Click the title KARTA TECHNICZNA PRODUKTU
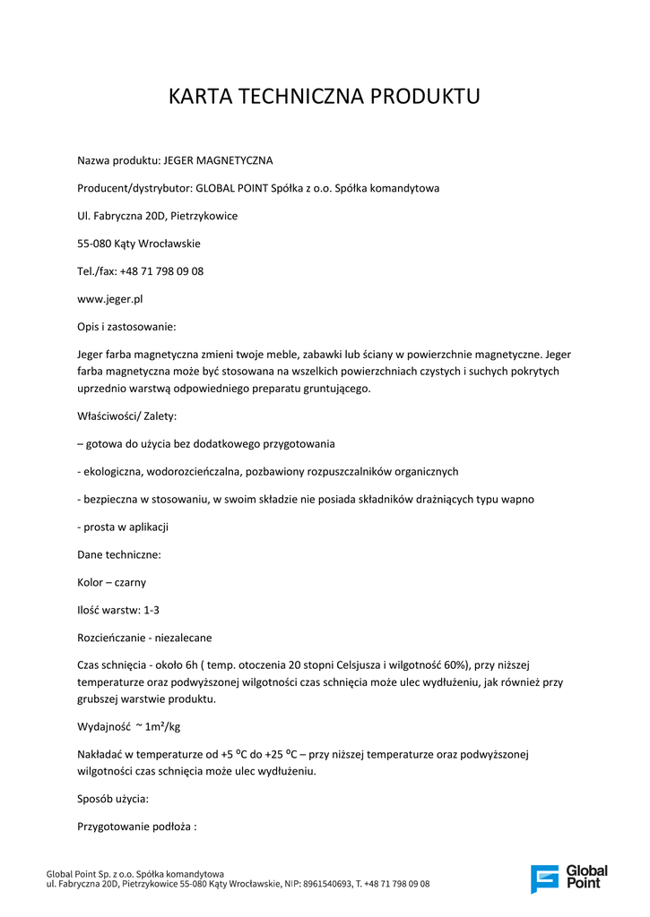click(x=324, y=97)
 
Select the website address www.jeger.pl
click(x=109, y=299)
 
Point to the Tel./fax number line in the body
click(x=140, y=271)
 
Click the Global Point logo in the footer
click(x=568, y=878)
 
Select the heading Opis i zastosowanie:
click(x=126, y=327)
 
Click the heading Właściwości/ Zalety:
click(x=126, y=416)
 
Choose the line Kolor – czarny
click(x=111, y=582)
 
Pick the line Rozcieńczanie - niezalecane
click(x=144, y=638)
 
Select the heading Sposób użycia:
click(x=113, y=798)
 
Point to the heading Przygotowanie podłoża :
click(x=136, y=827)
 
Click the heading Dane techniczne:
click(x=119, y=554)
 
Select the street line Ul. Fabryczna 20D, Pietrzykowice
click(x=157, y=216)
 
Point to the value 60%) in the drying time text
click(x=452, y=665)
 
